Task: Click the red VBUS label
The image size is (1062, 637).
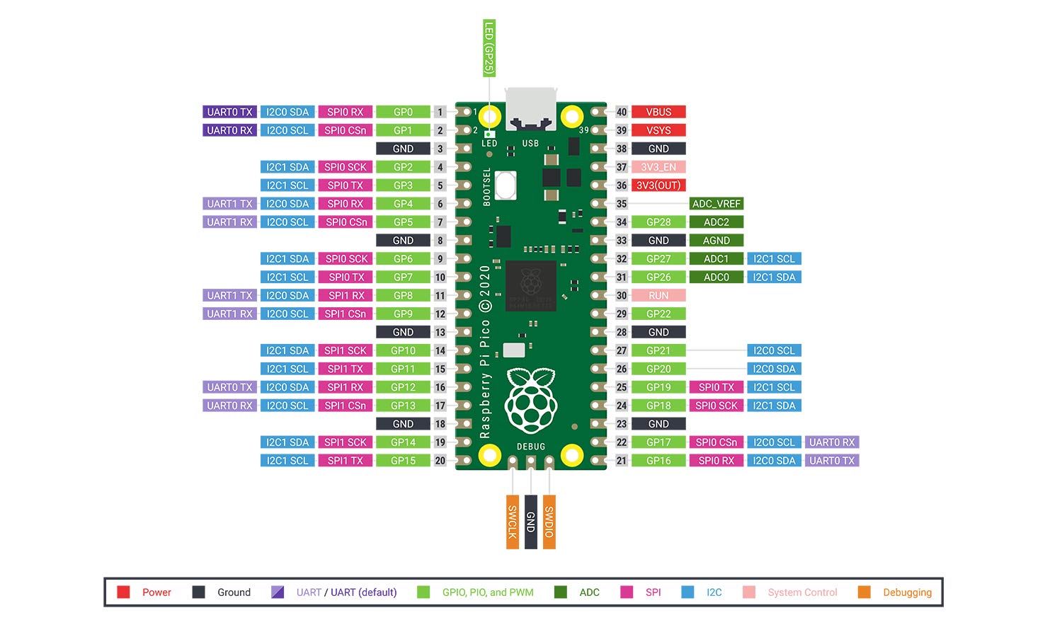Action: pos(658,112)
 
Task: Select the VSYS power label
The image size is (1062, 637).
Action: pos(658,130)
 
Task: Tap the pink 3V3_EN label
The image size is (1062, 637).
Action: pos(658,167)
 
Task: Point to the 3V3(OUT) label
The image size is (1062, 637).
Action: pos(658,185)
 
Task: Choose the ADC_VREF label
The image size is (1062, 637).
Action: pos(716,204)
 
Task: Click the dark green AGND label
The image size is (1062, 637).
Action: pos(716,241)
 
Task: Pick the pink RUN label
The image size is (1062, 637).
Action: pos(658,296)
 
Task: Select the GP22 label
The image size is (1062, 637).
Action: pos(658,314)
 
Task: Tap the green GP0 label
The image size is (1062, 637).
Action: pos(403,112)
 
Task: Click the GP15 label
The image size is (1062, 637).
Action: pos(403,461)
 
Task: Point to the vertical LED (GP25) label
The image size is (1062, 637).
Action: pos(489,48)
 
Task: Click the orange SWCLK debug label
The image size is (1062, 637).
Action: pos(512,522)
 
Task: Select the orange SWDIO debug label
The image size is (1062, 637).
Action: pos(549,522)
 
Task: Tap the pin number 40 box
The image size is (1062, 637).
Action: pos(621,112)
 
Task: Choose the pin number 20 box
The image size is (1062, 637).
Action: pos(440,461)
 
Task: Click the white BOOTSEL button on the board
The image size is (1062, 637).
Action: pos(506,185)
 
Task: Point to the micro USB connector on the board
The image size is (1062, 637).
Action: pos(530,110)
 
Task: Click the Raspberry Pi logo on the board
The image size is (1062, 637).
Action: pos(531,401)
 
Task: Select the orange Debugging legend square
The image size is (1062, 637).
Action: pos(864,592)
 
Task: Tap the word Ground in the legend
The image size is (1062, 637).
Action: pos(234,592)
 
